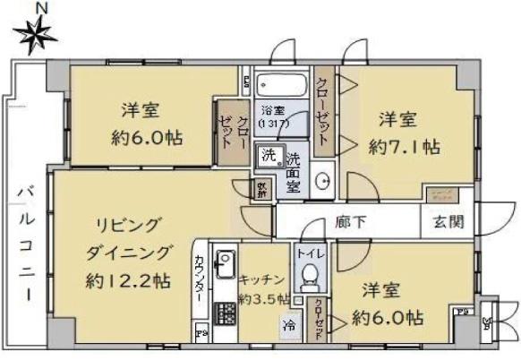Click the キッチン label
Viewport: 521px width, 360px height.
[263, 279]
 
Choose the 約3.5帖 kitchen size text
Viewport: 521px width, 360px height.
[263, 297]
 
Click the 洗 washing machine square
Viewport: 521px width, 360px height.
[269, 155]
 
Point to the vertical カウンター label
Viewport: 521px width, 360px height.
[199, 277]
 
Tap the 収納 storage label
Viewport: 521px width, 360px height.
[261, 190]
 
